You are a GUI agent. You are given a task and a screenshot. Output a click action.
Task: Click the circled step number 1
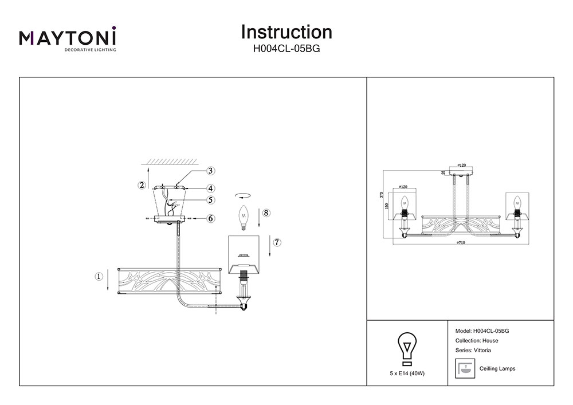pos(98,276)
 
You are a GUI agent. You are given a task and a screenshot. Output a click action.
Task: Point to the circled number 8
pos(265,213)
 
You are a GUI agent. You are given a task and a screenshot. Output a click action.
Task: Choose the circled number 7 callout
pos(277,242)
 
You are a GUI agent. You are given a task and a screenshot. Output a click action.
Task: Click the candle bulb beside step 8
pos(243,215)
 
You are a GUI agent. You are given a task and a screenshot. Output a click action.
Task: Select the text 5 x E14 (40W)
pos(407,373)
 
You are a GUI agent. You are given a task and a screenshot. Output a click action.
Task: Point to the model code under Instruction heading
pos(286,49)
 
